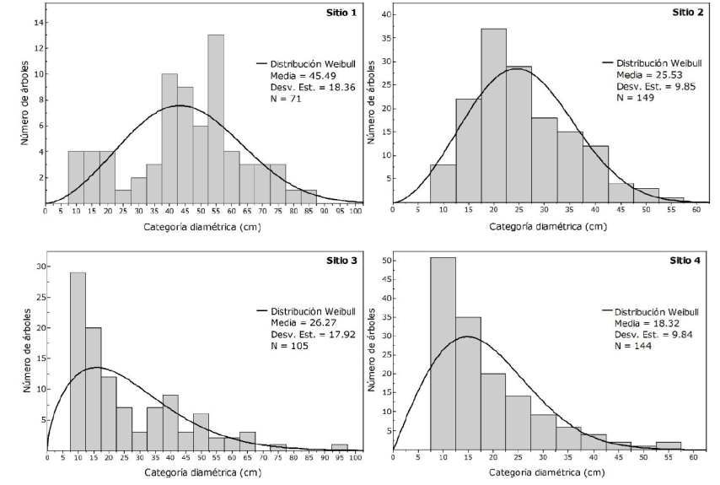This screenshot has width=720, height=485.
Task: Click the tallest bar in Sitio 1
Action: [x=216, y=118]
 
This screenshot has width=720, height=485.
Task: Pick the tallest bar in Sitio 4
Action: [x=443, y=354]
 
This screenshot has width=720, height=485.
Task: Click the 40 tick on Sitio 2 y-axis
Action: [x=384, y=13]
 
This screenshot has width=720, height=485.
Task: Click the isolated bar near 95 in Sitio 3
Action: [x=340, y=447]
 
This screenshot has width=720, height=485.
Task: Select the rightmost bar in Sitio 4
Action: [x=668, y=445]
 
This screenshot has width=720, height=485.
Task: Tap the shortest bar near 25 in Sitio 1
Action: [x=122, y=197]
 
